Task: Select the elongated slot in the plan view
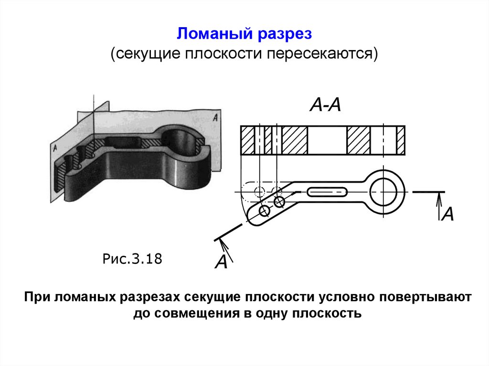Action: click(327, 192)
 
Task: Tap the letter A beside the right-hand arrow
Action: click(447, 215)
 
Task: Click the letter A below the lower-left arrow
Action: click(221, 262)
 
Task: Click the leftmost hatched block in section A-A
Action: click(248, 140)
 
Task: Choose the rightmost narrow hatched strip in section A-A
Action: click(401, 140)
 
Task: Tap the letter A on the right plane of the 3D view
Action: click(216, 116)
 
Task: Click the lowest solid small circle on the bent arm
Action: click(264, 210)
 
